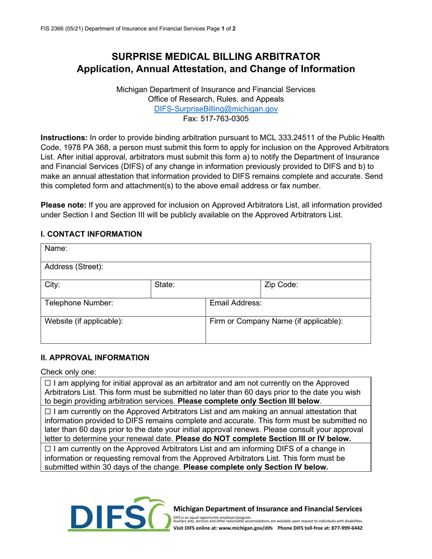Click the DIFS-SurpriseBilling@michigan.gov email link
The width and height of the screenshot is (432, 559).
[x=216, y=109]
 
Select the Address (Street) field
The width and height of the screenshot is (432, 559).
[x=73, y=267]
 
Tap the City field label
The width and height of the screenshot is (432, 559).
[x=52, y=285]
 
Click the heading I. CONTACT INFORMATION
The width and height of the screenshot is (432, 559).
[x=91, y=234]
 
